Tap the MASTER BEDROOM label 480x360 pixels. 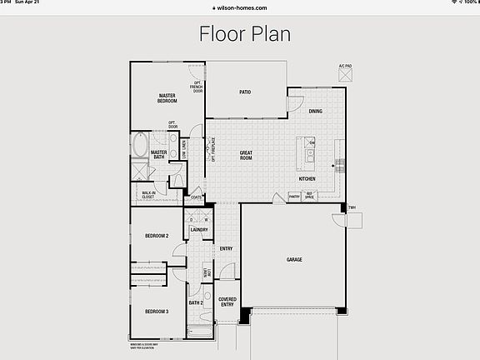coord(167,97)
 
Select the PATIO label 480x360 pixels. coord(245,92)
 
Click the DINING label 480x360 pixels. coord(315,111)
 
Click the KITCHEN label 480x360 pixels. coord(307,179)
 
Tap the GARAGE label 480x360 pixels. coord(294,259)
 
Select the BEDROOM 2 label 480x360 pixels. coord(157,236)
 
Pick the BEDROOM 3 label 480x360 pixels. coord(157,311)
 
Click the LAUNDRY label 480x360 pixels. coord(198,229)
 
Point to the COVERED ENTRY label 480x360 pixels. coord(227,302)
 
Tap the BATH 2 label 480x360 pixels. coord(197,302)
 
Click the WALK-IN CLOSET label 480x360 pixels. coord(148,195)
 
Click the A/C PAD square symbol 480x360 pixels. coord(345,74)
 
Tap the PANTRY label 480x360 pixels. coord(294,197)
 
